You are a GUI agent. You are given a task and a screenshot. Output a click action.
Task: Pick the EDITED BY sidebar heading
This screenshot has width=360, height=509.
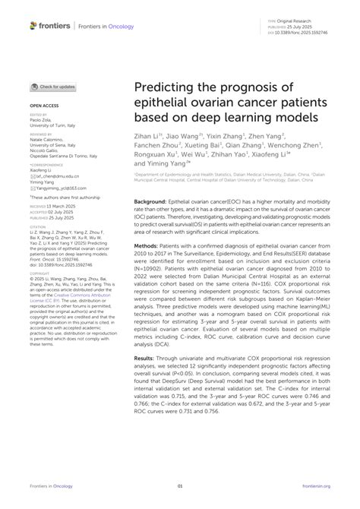click(x=39, y=114)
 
